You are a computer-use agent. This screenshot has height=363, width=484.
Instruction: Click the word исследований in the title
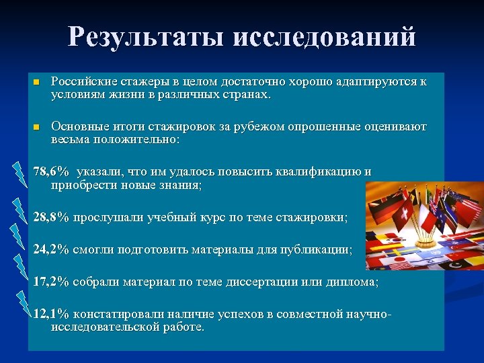click(x=325, y=37)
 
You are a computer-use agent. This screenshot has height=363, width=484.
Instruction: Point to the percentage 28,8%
click(x=51, y=218)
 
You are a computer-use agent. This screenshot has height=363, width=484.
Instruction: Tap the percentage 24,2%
click(x=51, y=250)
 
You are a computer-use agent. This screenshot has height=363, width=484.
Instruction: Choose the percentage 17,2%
click(x=51, y=282)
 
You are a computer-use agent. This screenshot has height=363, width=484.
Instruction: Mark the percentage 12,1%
click(x=51, y=315)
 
